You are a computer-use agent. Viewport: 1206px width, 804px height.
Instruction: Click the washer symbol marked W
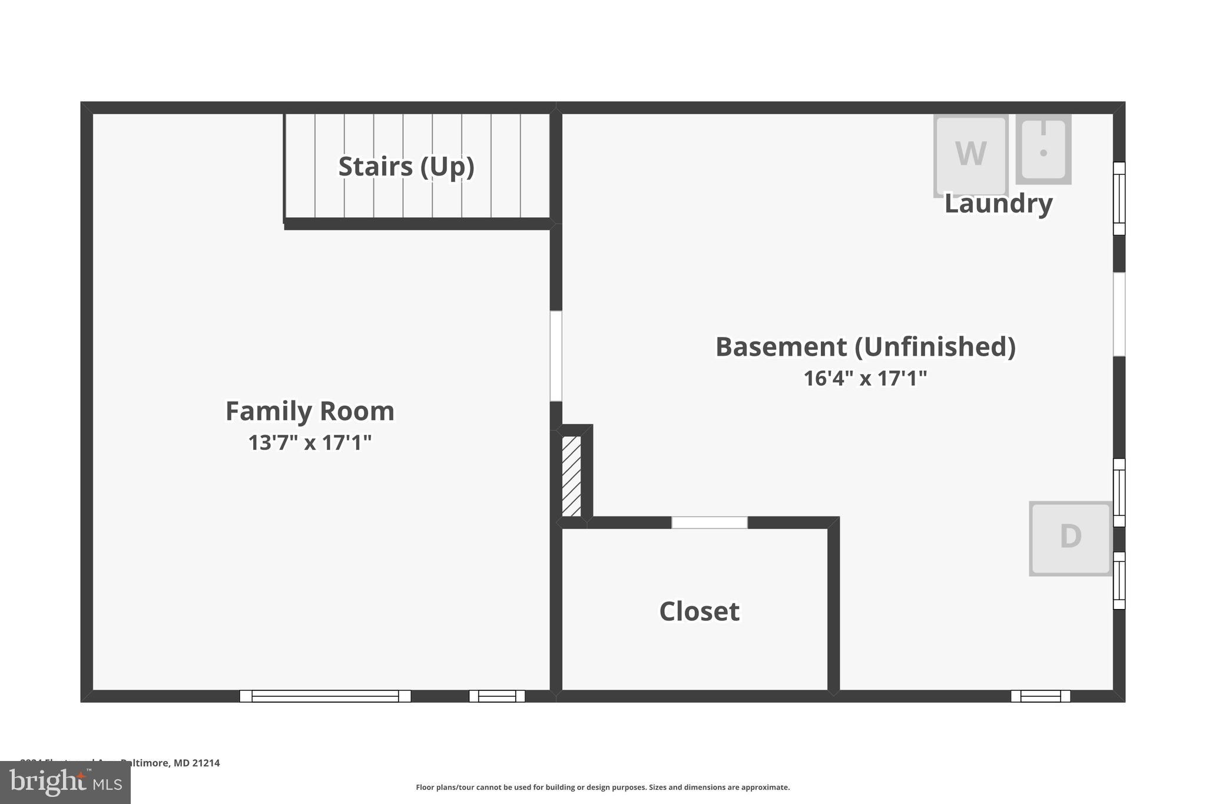[x=970, y=155]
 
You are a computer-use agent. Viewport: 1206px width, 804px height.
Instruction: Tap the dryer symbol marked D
[x=1070, y=538]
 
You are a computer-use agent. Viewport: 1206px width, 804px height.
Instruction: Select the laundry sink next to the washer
[x=1043, y=149]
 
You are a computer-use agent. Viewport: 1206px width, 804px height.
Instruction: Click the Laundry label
[x=998, y=204]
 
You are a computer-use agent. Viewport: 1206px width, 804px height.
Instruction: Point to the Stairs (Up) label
[x=406, y=167]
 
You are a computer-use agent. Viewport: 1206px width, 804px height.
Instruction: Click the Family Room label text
[x=310, y=411]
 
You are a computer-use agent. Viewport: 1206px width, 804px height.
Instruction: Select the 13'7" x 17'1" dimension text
[x=310, y=442]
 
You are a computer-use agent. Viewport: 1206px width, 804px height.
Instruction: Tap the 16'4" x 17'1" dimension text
[x=865, y=378]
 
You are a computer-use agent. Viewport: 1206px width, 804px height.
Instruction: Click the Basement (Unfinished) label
[x=865, y=347]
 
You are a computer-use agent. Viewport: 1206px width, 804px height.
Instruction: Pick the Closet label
[x=699, y=611]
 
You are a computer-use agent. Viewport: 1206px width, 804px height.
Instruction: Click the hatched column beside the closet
[x=571, y=476]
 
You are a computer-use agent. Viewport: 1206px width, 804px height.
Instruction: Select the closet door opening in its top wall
[x=710, y=522]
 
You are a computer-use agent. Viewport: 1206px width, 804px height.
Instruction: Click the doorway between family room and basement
[x=556, y=356]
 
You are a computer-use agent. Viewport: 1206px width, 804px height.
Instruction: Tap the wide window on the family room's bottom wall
[x=325, y=696]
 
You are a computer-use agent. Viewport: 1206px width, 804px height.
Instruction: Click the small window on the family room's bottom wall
[x=496, y=696]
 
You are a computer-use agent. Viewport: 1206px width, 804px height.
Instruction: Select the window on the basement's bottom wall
[x=1041, y=696]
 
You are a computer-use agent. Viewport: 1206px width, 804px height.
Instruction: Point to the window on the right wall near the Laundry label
[x=1119, y=198]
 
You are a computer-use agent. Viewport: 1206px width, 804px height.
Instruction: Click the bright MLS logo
[x=65, y=783]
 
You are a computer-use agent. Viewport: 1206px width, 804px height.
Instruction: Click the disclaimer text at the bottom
[x=602, y=788]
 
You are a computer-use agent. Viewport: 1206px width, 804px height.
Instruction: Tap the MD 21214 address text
[x=196, y=763]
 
